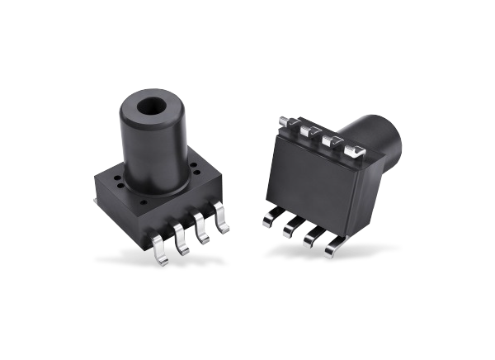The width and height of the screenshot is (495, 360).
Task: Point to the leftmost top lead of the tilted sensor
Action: coord(291,123)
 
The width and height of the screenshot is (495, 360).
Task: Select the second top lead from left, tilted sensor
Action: coord(312,131)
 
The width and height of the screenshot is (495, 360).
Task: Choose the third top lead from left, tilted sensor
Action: coord(333,140)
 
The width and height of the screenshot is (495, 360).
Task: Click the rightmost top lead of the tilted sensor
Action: coord(356,149)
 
